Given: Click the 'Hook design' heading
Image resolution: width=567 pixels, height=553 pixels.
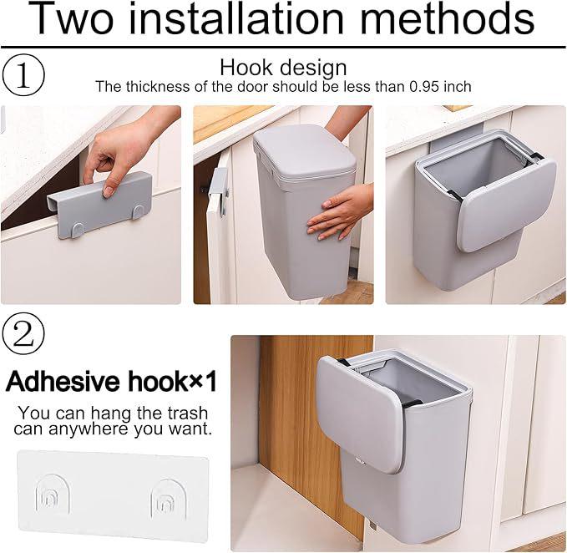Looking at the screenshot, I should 283,68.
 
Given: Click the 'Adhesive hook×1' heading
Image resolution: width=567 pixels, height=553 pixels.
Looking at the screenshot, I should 111,383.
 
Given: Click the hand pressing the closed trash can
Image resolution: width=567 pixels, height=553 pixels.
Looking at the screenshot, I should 338,213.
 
